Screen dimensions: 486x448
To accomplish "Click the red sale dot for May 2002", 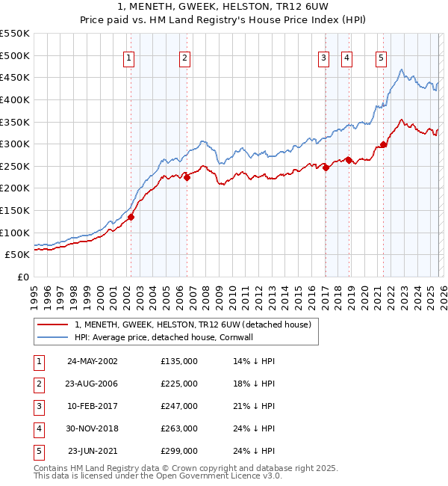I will (131, 218).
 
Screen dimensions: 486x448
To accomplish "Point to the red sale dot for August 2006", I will (187, 177).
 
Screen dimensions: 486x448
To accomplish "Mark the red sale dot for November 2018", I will (349, 160).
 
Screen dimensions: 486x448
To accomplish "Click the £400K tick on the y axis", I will (15, 99).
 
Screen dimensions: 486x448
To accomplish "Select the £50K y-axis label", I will (18, 255).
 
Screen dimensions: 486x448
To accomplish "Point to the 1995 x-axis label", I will (34, 294).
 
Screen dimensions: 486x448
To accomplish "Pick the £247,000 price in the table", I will (179, 407).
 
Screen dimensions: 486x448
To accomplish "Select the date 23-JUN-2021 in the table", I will (92, 451).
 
